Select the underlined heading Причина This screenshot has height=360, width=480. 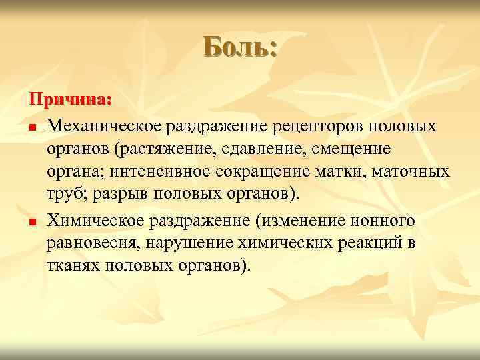[69, 99]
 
